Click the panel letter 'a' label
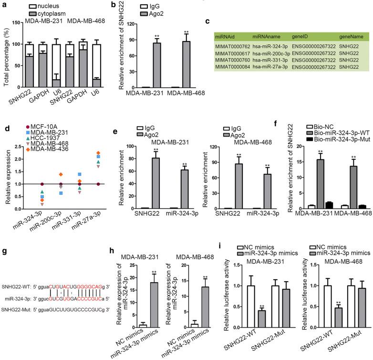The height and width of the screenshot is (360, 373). pos(4,4)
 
